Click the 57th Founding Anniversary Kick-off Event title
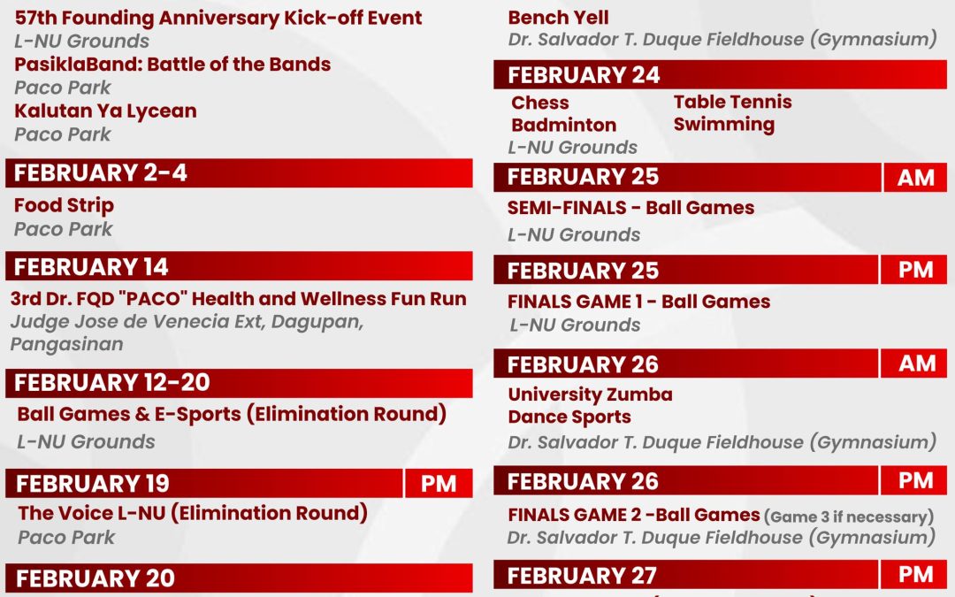click(x=218, y=18)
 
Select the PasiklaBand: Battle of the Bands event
click(x=172, y=65)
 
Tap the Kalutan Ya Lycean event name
click(x=105, y=111)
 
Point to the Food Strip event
click(x=64, y=205)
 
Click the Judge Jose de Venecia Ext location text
click(x=186, y=322)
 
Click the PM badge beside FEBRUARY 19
click(x=439, y=484)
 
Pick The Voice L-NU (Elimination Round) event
click(x=193, y=513)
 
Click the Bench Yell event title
click(x=558, y=17)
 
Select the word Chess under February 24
click(x=540, y=103)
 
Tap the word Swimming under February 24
click(x=723, y=125)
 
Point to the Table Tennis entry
click(x=732, y=102)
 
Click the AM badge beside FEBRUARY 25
click(x=915, y=178)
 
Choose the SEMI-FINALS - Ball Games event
click(x=630, y=208)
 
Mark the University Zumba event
click(x=590, y=394)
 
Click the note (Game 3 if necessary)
click(x=848, y=517)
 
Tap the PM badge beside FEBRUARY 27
click(x=915, y=575)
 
